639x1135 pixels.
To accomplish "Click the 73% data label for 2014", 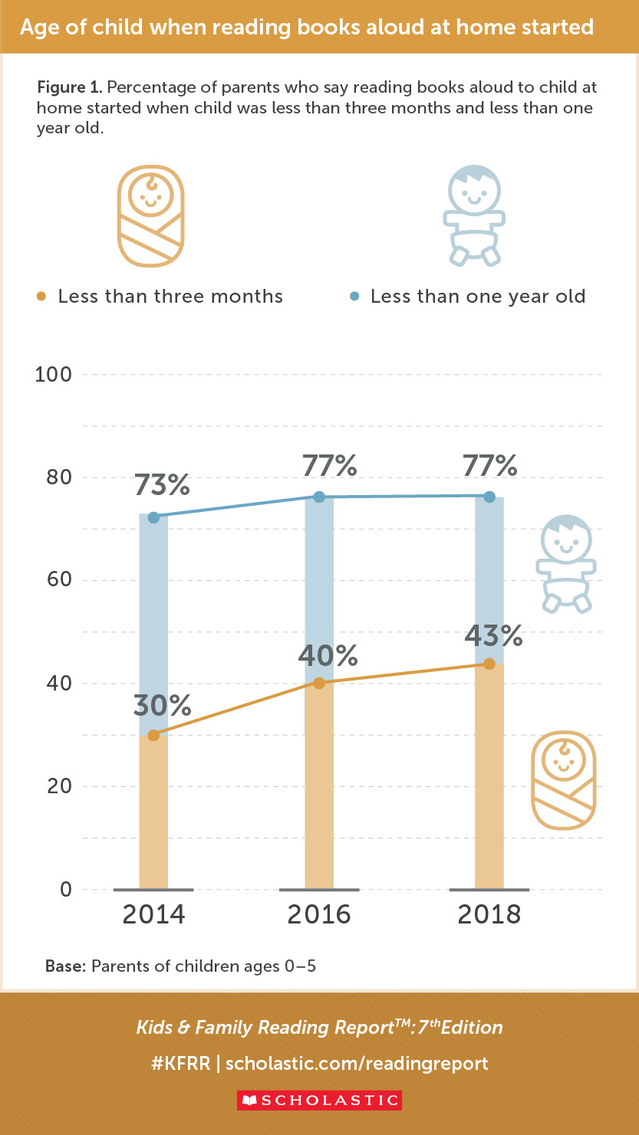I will [x=162, y=485].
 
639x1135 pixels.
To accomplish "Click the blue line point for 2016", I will [x=319, y=497].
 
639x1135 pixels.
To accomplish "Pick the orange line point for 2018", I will [x=489, y=664].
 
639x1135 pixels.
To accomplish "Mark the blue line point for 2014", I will [x=153, y=517].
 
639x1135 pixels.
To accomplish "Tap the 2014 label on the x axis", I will [x=154, y=914].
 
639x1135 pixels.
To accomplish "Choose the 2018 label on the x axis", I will [x=489, y=914].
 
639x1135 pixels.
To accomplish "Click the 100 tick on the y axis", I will [x=53, y=375].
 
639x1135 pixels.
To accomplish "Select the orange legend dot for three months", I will [x=41, y=297].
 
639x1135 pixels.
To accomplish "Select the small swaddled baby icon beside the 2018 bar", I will [x=564, y=779].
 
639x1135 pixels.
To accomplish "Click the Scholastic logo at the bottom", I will [x=319, y=1100].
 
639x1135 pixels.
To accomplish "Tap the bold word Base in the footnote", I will [x=64, y=966].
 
